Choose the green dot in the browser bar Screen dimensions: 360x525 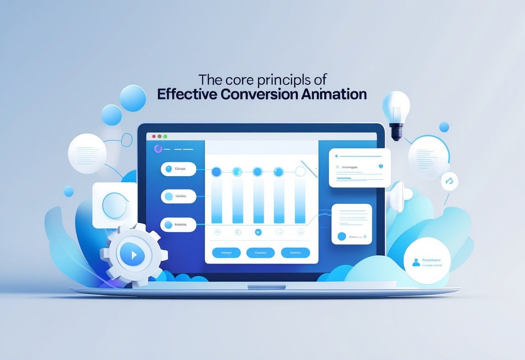[165, 136]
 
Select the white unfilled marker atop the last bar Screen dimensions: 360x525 [300, 172]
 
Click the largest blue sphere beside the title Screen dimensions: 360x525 [132, 98]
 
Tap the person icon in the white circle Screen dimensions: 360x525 [415, 262]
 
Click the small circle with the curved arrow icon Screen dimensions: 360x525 [449, 181]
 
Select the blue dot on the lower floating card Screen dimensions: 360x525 [341, 236]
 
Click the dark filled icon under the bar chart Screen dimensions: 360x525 [258, 232]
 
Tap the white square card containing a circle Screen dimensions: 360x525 [115, 205]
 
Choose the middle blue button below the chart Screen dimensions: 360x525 [260, 253]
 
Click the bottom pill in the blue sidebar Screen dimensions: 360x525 [178, 225]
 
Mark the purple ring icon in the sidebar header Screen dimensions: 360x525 [158, 149]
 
